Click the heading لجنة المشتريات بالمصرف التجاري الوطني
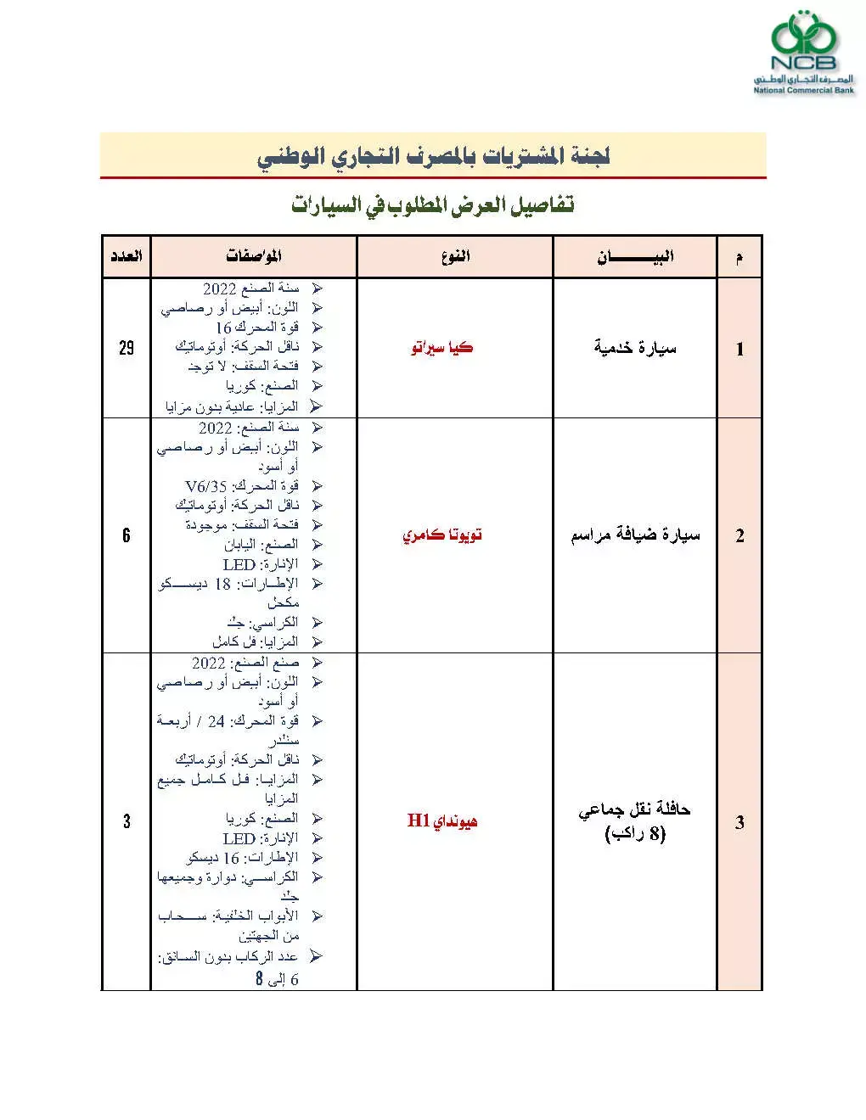pyautogui.click(x=434, y=156)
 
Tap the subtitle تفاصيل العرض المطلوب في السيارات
pyautogui.click(x=433, y=204)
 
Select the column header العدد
pyautogui.click(x=126, y=255)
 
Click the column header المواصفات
pyautogui.click(x=254, y=255)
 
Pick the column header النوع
pyautogui.click(x=455, y=255)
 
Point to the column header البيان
pyautogui.click(x=635, y=256)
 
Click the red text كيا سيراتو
pyautogui.click(x=441, y=348)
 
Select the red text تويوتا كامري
pyautogui.click(x=442, y=535)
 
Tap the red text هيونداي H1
pyautogui.click(x=442, y=820)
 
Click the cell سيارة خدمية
pyautogui.click(x=635, y=348)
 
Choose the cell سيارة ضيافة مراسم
pyautogui.click(x=635, y=535)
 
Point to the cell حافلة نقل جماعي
pyautogui.click(x=635, y=810)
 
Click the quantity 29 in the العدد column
pyautogui.click(x=127, y=348)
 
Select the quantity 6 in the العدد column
pyautogui.click(x=127, y=535)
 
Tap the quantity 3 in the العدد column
pyautogui.click(x=127, y=820)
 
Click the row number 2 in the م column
pyautogui.click(x=739, y=535)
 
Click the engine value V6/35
pyautogui.click(x=206, y=486)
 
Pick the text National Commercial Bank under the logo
pyautogui.click(x=803, y=90)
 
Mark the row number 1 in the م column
pyautogui.click(x=739, y=349)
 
